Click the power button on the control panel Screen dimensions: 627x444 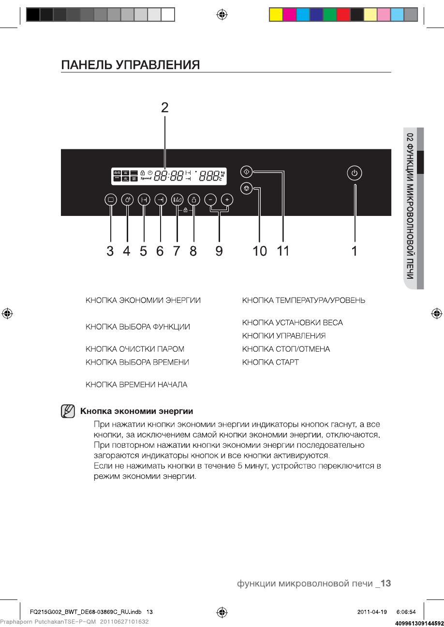(x=355, y=173)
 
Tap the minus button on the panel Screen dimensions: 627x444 (x=210, y=199)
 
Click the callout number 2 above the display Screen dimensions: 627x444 (x=165, y=108)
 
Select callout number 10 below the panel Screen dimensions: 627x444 (x=260, y=251)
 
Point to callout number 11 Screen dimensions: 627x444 (x=283, y=251)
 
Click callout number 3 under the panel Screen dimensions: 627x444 (x=111, y=251)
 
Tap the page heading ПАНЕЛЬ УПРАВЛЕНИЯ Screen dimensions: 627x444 (x=130, y=65)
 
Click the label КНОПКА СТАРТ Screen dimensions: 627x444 (x=270, y=362)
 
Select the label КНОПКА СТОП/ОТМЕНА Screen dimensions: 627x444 (x=286, y=349)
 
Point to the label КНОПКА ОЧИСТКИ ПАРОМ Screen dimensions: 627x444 (x=135, y=349)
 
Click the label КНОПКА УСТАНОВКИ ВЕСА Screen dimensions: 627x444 (x=292, y=322)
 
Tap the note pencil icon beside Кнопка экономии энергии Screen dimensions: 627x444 (x=68, y=412)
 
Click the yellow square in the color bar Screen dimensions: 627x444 (x=276, y=15)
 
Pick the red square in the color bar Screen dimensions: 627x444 (x=343, y=15)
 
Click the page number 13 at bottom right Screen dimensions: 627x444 (x=385, y=584)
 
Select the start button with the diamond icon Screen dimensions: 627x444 (x=247, y=171)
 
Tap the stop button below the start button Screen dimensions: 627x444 (x=247, y=188)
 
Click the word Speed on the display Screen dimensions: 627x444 (x=146, y=178)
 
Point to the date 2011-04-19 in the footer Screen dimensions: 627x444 (x=372, y=612)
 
